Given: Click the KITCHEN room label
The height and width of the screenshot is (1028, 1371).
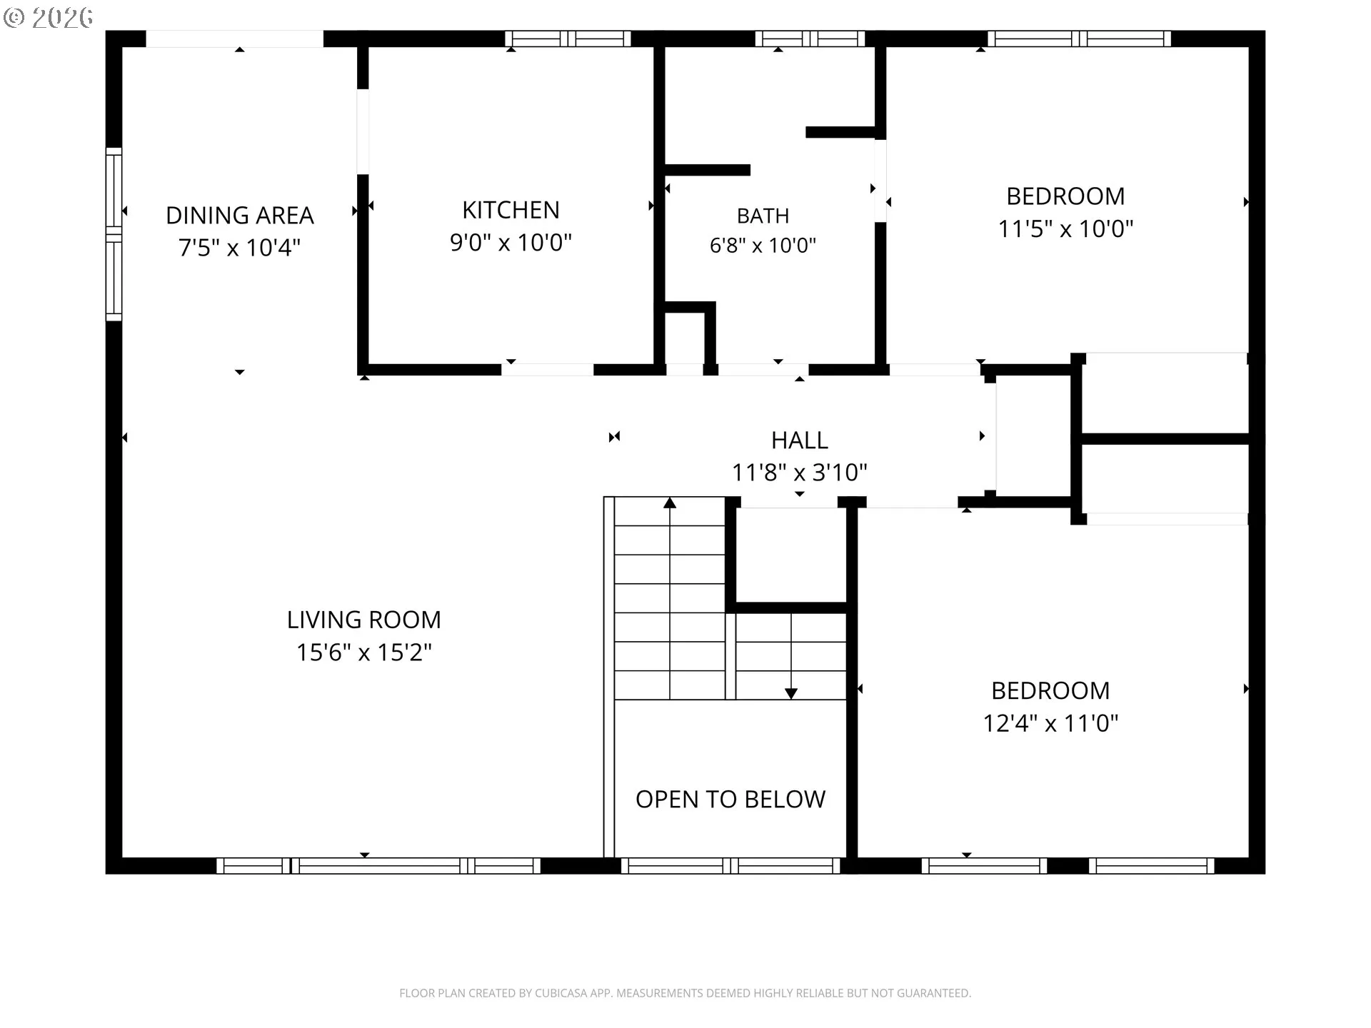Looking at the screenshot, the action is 511,210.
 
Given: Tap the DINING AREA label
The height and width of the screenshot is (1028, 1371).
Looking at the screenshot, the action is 240,215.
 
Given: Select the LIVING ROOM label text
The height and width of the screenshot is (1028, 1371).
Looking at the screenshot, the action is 364,620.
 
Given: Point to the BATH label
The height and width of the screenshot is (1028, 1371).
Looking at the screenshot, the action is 763,216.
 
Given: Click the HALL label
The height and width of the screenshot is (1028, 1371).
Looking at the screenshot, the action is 800,440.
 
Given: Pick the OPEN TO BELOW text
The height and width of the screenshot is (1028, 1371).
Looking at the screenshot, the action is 730,800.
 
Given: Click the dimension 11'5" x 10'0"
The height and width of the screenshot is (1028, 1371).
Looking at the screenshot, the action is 1065,229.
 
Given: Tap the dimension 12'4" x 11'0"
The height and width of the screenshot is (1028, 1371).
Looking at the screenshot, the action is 1050,724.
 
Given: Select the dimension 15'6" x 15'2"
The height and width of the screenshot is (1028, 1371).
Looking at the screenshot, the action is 364,652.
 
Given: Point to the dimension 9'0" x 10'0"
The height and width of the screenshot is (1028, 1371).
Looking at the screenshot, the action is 511,243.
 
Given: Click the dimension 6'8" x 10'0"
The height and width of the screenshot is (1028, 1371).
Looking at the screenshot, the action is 763,246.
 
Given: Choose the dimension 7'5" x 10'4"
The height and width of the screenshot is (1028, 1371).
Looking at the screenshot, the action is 240,248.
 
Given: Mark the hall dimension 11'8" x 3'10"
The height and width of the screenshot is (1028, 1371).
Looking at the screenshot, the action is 800,473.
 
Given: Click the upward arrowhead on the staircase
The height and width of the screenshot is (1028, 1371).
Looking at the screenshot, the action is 670,503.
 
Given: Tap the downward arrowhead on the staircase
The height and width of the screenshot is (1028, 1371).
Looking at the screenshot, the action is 791,693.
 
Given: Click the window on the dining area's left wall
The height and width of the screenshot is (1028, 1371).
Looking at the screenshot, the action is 114,234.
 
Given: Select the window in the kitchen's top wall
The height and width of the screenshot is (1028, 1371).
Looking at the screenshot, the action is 568,39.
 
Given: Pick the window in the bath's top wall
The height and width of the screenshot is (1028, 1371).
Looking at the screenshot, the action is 810,39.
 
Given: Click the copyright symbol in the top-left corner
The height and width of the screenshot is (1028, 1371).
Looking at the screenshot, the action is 14,17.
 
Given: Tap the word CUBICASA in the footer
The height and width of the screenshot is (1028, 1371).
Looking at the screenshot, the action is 558,993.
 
